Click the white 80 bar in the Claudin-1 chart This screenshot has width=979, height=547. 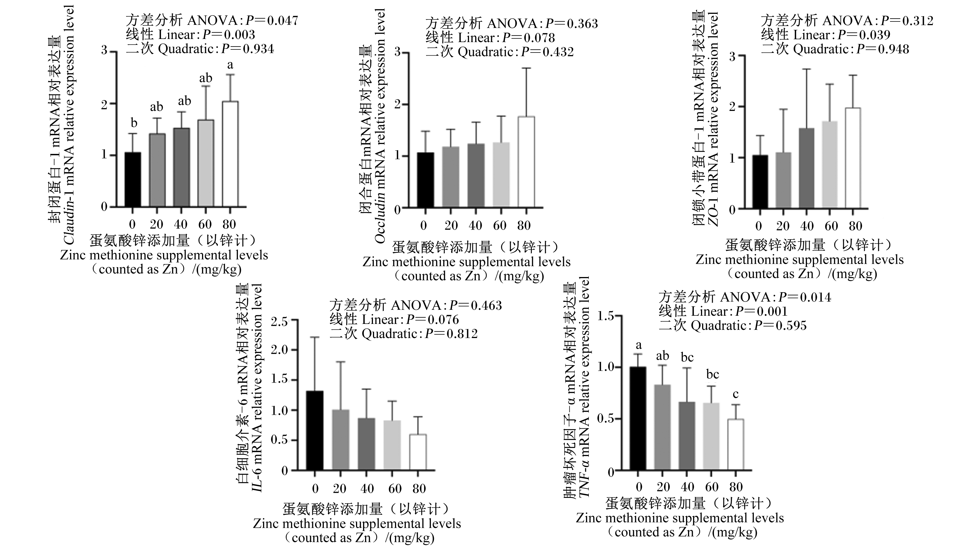coord(230,154)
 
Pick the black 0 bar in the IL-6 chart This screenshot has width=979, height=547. coord(315,430)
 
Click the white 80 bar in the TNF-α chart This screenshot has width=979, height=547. coord(736,445)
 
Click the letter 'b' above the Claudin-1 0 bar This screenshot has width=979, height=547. coord(133,123)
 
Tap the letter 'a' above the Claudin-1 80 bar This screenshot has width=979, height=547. coord(230,65)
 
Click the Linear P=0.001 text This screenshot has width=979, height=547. coord(723,311)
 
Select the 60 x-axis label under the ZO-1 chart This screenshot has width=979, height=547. coord(831,226)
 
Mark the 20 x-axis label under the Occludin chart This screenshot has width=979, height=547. coord(451,225)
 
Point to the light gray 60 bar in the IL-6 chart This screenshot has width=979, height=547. coord(392,446)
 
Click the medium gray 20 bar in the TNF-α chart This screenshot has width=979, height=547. coord(663,428)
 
